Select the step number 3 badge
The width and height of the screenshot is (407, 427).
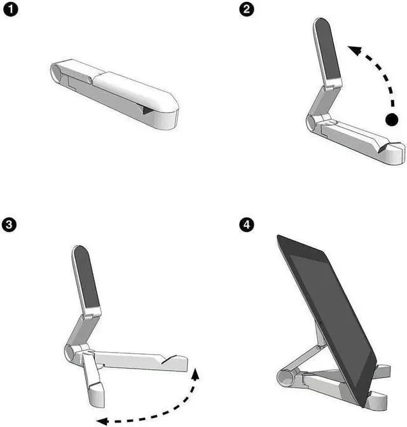point(10,224)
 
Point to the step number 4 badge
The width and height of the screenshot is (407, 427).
point(245,224)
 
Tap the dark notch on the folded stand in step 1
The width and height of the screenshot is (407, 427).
point(148,111)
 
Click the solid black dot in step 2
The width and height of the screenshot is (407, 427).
point(392,118)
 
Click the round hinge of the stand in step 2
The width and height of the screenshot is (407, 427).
point(312,123)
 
